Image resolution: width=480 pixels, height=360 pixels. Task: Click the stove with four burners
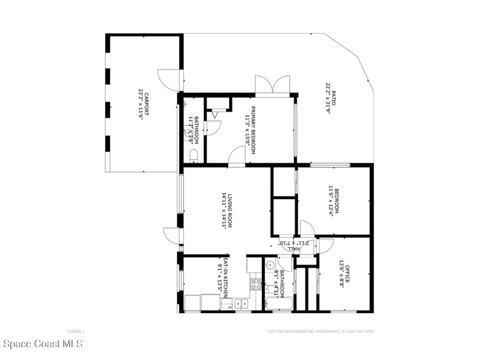coord(256,283)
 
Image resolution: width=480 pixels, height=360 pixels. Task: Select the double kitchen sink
coord(241,304)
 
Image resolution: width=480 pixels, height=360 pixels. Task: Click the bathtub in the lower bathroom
coord(278,304)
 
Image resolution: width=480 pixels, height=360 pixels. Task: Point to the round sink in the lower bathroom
coord(269,266)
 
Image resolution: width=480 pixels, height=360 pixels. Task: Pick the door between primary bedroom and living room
coord(237,156)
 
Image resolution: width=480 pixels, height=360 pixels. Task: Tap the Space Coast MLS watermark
coord(42,345)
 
